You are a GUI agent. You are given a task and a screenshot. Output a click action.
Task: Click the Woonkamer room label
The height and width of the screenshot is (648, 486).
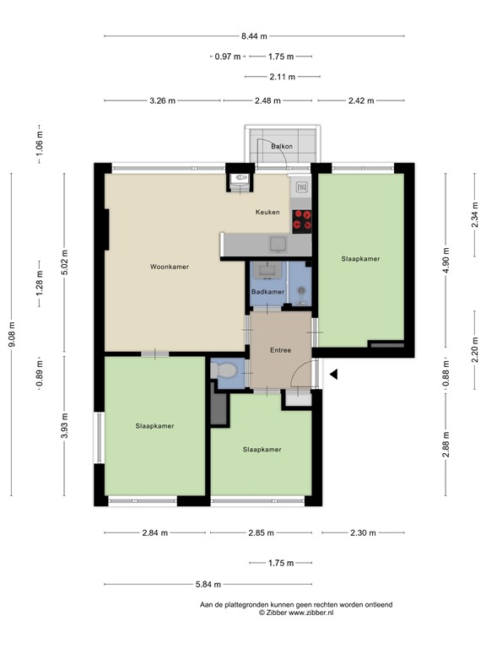169,267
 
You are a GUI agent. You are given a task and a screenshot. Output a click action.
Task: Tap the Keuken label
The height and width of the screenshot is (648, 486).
267,213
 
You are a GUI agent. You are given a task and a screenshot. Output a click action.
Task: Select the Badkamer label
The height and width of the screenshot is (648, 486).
267,292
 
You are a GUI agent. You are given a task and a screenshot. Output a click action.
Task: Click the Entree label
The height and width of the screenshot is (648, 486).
280,349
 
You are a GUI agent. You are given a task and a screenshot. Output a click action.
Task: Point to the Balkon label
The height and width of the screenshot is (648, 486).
282,147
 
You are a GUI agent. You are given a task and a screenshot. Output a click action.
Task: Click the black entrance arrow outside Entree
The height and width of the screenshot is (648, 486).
334,375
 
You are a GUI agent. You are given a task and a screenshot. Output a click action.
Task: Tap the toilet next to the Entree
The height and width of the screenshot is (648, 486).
224,371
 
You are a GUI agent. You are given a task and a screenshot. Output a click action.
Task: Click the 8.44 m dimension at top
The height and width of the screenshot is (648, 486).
254,36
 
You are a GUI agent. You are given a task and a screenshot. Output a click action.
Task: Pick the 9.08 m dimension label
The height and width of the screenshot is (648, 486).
12,334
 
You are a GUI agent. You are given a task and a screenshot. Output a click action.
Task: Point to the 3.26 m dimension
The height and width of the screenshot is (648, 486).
162,100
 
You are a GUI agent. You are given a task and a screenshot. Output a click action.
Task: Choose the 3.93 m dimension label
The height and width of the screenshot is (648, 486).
66,426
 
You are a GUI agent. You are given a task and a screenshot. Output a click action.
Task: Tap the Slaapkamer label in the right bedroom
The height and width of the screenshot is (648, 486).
360,258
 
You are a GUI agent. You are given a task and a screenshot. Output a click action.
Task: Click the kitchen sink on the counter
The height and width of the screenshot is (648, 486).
277,244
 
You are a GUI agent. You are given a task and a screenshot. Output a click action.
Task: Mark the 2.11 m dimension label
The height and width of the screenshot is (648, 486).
282,77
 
